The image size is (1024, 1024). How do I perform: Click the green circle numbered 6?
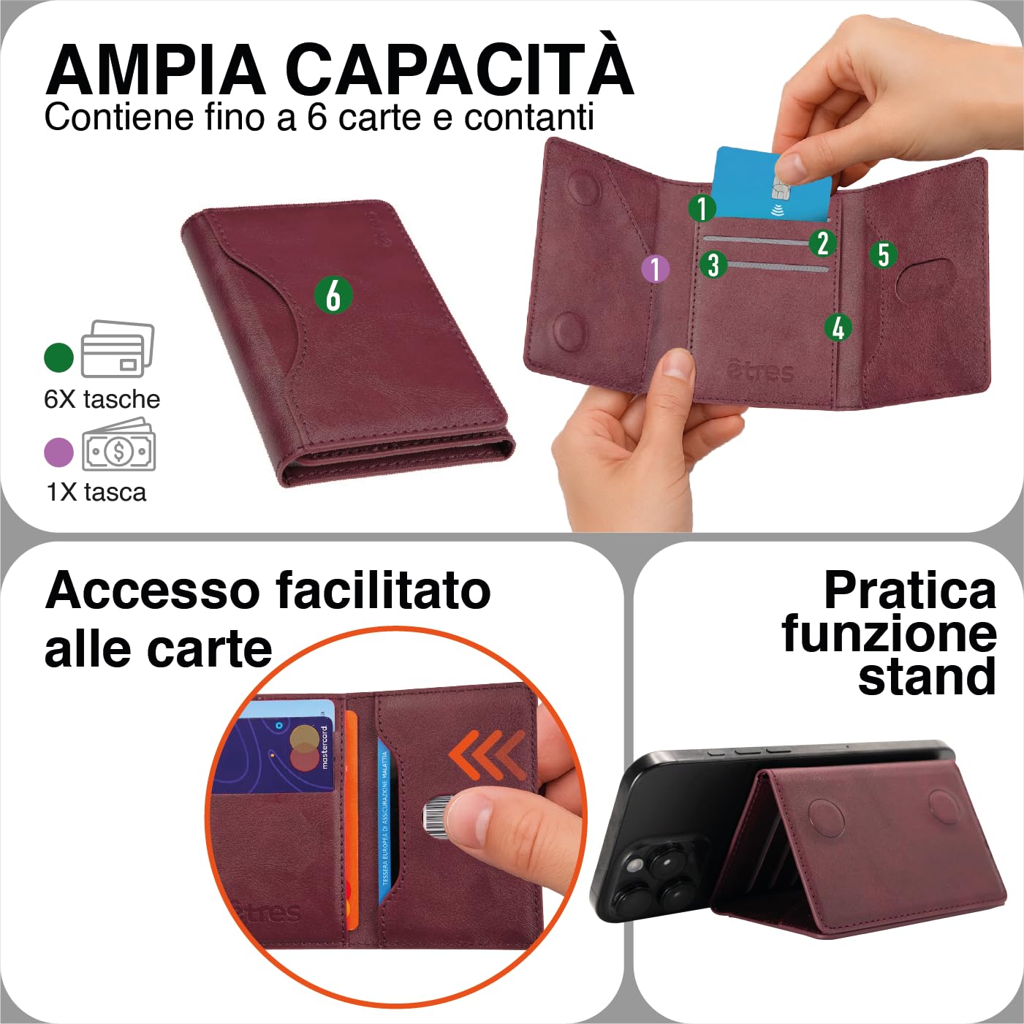(x=333, y=295)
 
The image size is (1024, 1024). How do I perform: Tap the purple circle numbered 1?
(x=656, y=268)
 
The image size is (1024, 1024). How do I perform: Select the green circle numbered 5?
(x=883, y=254)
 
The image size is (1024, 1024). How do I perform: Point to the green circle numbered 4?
(x=838, y=327)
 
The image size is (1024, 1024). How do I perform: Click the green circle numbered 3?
(x=713, y=264)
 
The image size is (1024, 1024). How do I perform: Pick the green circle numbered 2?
(x=822, y=243)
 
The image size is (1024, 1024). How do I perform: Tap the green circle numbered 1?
(x=702, y=208)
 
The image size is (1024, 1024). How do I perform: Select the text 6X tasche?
(x=102, y=399)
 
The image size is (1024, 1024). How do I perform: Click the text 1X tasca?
(x=96, y=492)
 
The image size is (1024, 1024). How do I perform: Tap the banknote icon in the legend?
(x=118, y=447)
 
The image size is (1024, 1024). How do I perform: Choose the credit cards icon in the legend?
(x=117, y=349)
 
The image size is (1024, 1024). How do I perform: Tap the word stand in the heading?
(x=926, y=677)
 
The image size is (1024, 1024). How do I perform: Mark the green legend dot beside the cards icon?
(x=59, y=357)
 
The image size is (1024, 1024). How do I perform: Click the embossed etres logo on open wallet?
(x=760, y=371)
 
